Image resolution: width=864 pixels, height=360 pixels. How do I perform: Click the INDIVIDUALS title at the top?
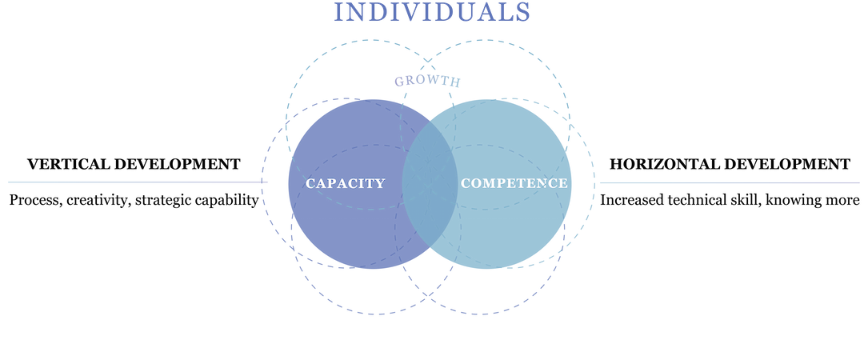pos(432,12)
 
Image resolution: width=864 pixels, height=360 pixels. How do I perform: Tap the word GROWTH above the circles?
pos(427,81)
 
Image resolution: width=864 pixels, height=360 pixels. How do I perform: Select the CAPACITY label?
pos(346,183)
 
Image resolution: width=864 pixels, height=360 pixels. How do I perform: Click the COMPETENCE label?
pos(514,183)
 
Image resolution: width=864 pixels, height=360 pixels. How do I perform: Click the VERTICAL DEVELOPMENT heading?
pos(134,164)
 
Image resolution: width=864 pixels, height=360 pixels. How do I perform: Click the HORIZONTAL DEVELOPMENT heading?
pos(730,164)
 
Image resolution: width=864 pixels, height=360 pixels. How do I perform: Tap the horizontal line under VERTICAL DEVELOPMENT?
pos(136,182)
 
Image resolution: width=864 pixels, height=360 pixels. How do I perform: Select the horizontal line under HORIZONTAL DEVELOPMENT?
pos(728,182)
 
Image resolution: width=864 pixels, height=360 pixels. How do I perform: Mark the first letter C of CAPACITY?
pos(310,183)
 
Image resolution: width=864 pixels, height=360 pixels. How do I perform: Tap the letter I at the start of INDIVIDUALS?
pos(339,12)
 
